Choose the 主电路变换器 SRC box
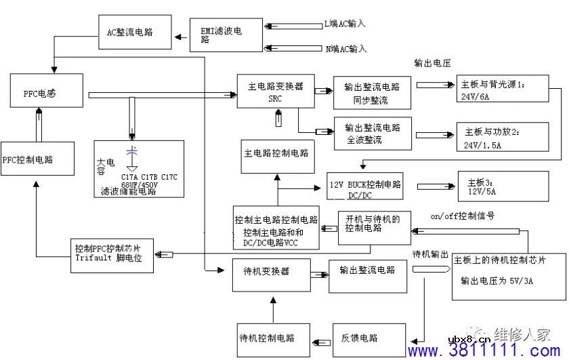click(276, 92)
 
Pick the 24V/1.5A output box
click(501, 138)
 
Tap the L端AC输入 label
click(345, 24)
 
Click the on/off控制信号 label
click(462, 216)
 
